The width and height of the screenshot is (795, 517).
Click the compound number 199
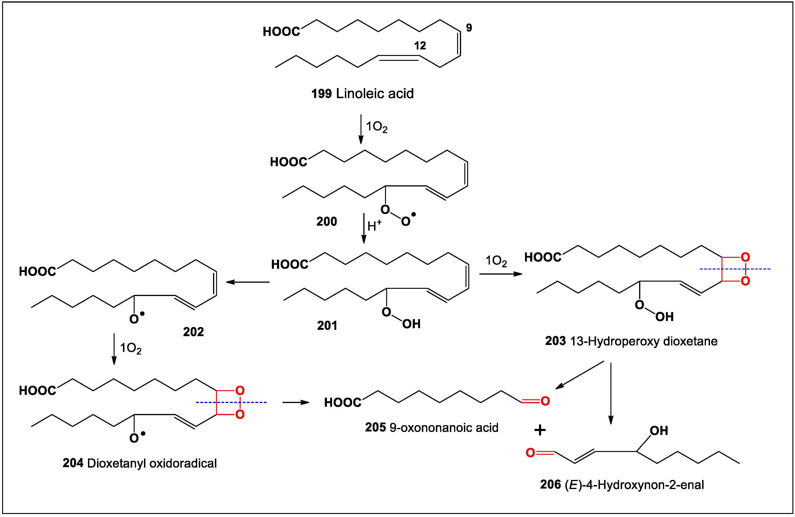(321, 94)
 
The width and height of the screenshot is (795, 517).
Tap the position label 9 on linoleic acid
(469, 28)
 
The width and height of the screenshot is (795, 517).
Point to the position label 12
(420, 45)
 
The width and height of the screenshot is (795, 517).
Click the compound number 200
(326, 221)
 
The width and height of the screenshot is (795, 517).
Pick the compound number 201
(327, 325)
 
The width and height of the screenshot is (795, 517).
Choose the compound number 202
(193, 332)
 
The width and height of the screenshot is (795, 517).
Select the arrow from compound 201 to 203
(500, 274)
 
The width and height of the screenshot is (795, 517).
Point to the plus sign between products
(540, 430)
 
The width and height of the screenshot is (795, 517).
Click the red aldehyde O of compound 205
(545, 401)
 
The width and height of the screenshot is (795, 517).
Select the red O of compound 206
(530, 453)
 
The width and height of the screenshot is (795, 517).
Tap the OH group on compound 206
(659, 431)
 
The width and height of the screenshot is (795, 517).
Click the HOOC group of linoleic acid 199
(281, 32)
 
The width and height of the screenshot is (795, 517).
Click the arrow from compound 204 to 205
(296, 403)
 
